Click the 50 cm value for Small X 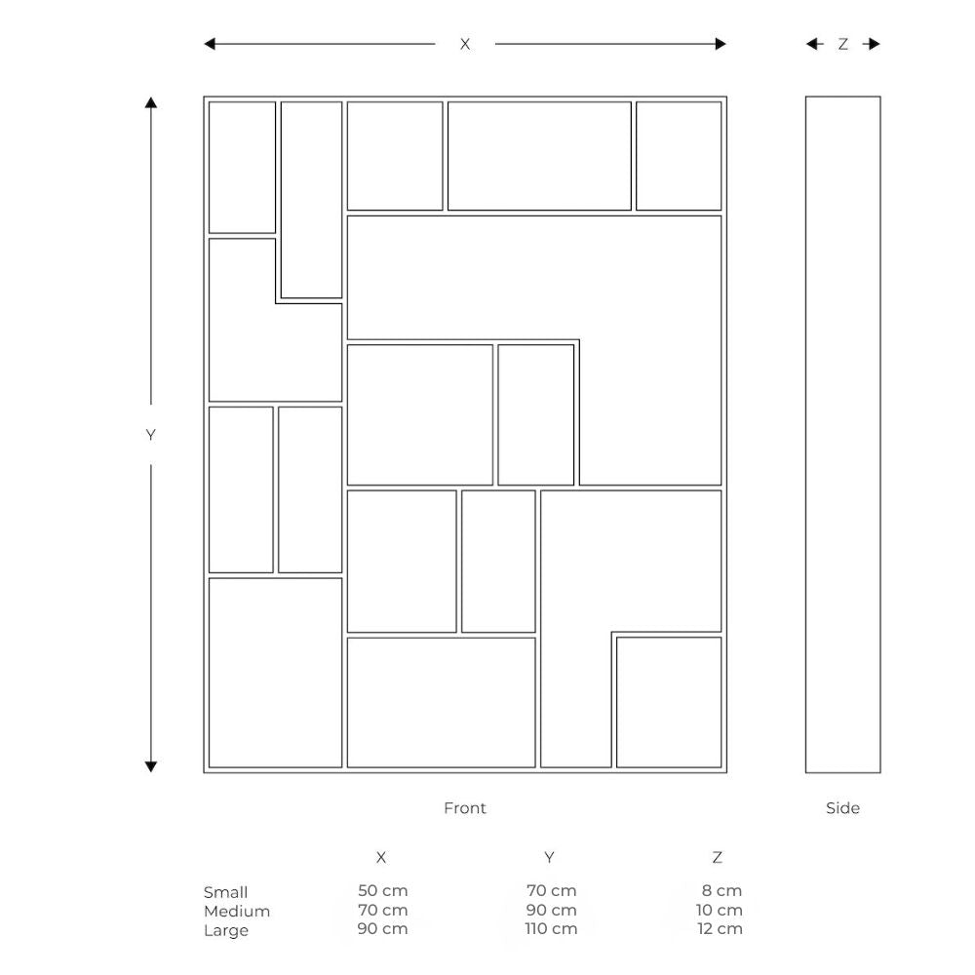[382, 890]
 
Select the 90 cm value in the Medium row [551, 910]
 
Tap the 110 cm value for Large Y [551, 928]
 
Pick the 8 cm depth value [721, 890]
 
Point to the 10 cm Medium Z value [719, 910]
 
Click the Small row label [225, 892]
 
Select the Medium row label [236, 912]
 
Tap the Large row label [225, 930]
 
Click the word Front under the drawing [464, 807]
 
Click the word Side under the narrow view [842, 807]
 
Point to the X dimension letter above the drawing [465, 44]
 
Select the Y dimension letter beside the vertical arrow [150, 435]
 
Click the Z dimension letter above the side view [843, 44]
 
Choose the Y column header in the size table [549, 857]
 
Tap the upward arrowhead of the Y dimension [150, 103]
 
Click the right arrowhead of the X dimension [721, 44]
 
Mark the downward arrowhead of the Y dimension [150, 766]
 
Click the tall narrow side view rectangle [842, 434]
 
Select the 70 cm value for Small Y [551, 890]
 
